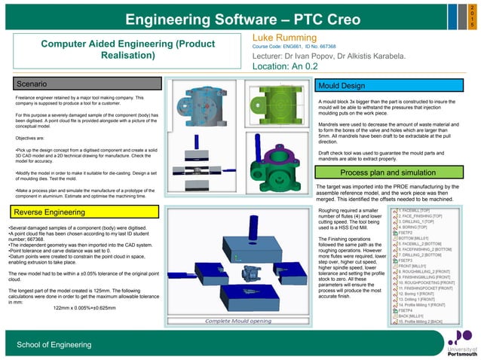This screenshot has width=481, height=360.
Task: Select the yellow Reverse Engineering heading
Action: pyautogui.click(x=50, y=213)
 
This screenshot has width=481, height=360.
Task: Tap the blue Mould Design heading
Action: pyautogui.click(x=342, y=86)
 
